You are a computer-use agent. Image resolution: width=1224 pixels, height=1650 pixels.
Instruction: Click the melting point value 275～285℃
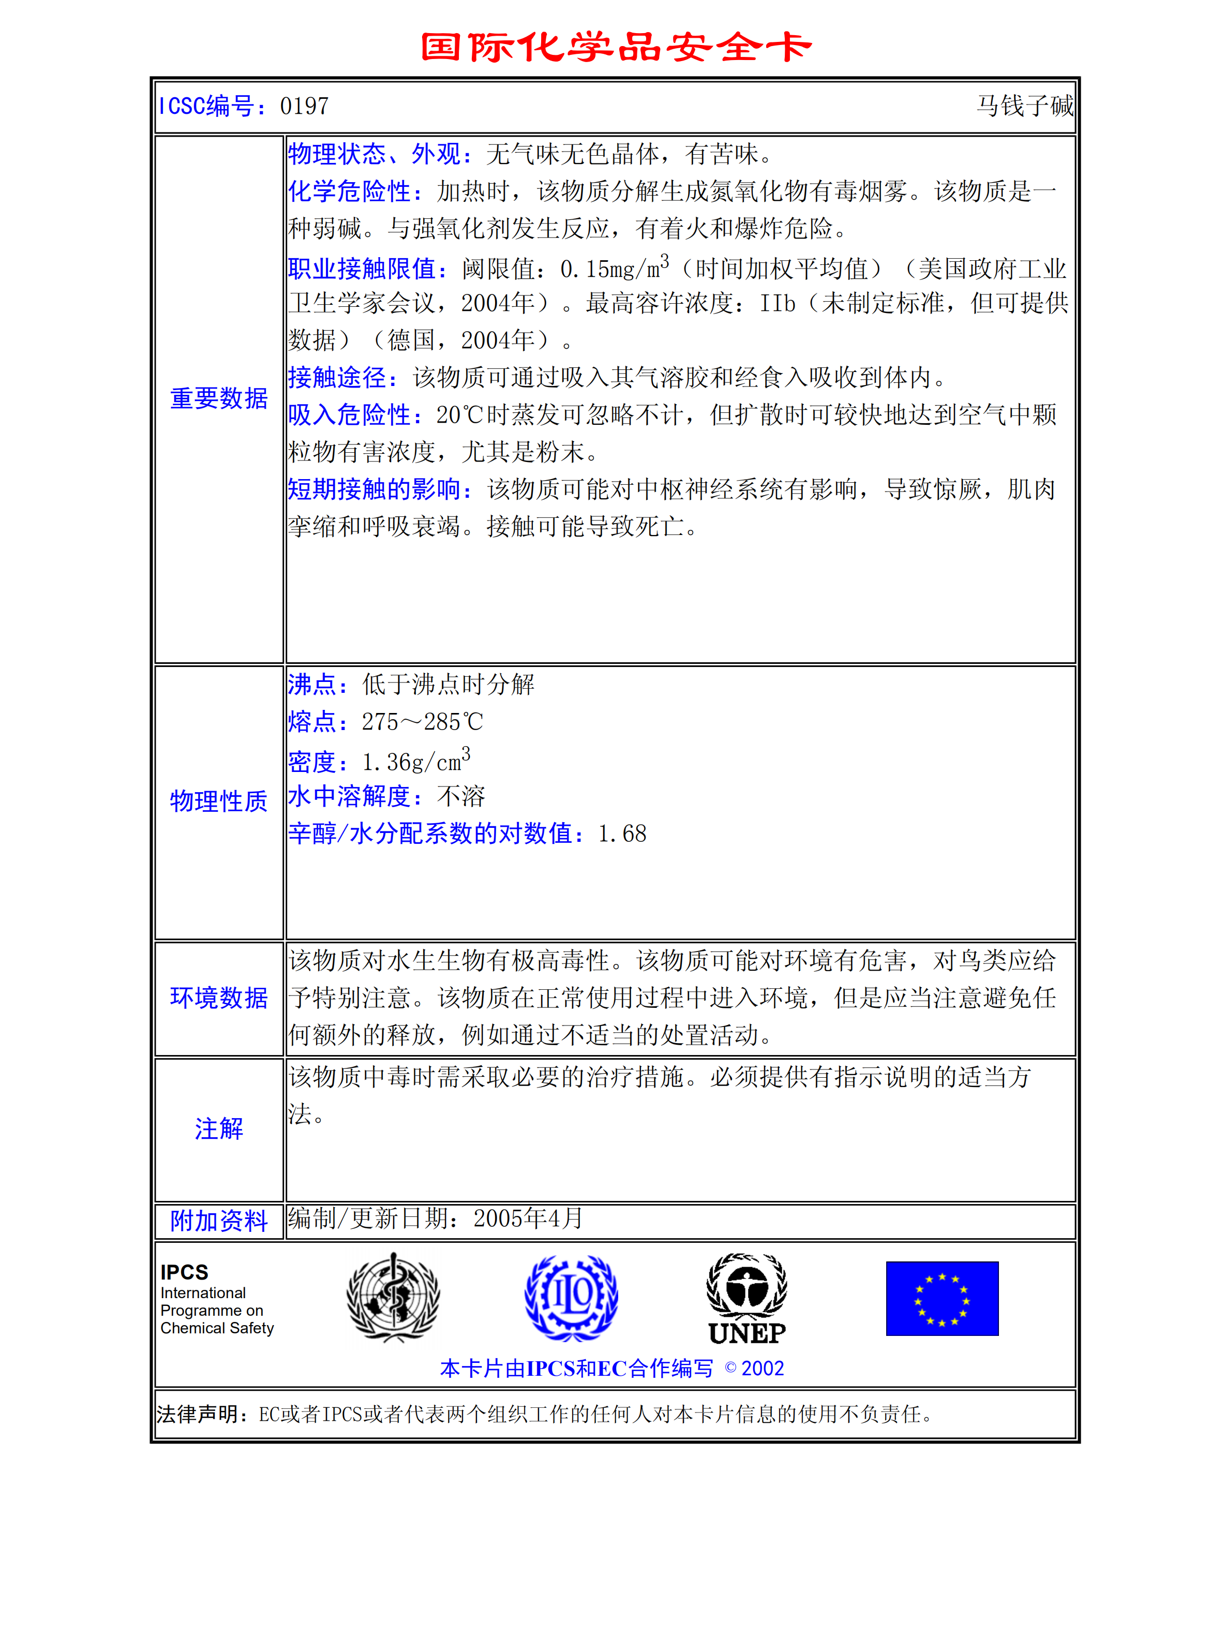pos(422,722)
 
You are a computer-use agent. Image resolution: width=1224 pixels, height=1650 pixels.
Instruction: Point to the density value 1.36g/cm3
pos(415,761)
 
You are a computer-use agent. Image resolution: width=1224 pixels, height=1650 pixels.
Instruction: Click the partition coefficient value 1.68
pos(622,834)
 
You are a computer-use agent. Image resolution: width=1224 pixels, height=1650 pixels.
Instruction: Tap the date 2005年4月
pos(528,1219)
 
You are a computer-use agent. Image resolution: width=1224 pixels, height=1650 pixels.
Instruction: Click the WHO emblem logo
pos(393,1298)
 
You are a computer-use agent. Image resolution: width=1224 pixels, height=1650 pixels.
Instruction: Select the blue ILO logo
pos(571,1298)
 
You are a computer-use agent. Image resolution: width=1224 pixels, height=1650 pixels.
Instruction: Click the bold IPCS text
pos(185,1272)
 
